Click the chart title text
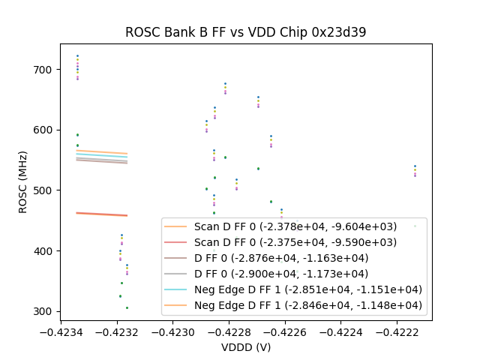point(245,32)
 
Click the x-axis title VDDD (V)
point(245,347)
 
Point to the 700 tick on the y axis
point(42,70)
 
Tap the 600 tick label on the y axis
point(42,130)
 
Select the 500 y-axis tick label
point(42,190)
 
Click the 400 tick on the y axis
point(42,251)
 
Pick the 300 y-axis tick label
point(42,311)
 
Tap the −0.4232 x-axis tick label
point(116,331)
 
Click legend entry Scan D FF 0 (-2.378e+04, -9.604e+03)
point(295,226)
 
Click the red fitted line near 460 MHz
point(101,214)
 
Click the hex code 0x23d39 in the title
point(341,32)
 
